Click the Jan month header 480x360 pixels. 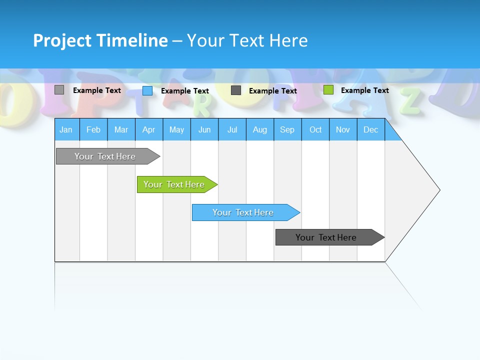pos(66,129)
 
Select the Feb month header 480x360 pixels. pos(93,129)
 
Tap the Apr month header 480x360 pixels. pos(148,129)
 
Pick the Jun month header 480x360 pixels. pos(204,129)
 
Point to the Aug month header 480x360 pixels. pos(260,129)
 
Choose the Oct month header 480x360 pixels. pos(315,129)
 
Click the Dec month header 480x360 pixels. pos(370,129)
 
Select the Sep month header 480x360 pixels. pos(287,129)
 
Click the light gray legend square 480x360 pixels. pos(59,90)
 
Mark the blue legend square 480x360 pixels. pos(147,90)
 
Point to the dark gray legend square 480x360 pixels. pos(236,90)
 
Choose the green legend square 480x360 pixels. pos(328,90)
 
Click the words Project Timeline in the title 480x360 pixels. pos(100,40)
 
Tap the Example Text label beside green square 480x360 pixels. pos(364,90)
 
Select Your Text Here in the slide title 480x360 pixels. pos(247,40)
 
